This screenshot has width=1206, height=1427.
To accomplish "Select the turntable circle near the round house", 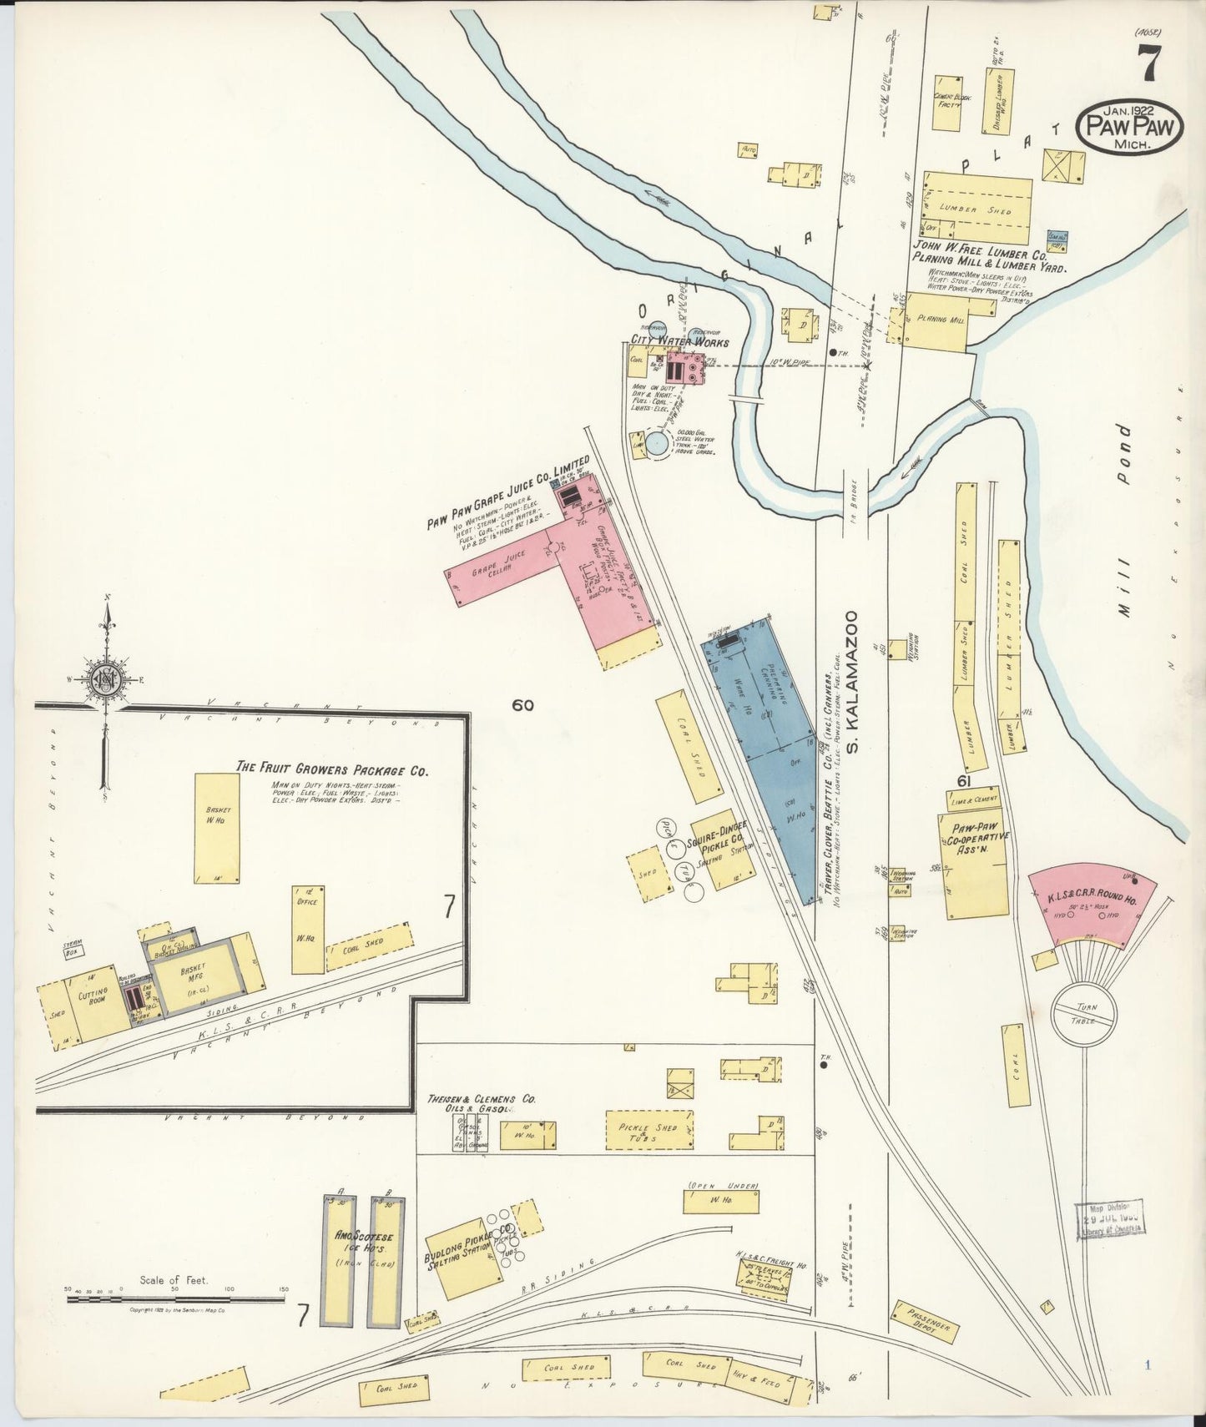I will pyautogui.click(x=1082, y=1014).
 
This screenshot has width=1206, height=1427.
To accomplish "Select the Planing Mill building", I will pyautogui.click(x=939, y=320).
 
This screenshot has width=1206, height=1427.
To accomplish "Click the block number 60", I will pyautogui.click(x=523, y=705).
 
